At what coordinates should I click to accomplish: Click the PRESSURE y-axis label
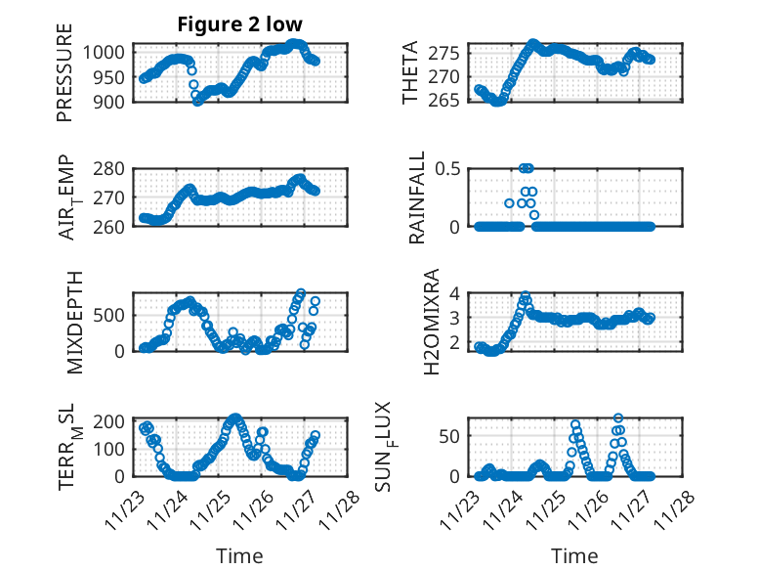(65, 78)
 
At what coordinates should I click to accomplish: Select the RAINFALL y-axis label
(417, 197)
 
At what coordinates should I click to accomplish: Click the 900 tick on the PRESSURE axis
(108, 102)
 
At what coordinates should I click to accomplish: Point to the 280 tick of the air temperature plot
(108, 168)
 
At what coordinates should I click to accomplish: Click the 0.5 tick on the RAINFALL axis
(445, 168)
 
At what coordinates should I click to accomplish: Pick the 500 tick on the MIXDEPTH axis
(108, 315)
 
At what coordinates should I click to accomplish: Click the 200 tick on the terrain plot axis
(108, 421)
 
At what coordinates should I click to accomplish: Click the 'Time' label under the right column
(575, 555)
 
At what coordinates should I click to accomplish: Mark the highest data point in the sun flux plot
(618, 418)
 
